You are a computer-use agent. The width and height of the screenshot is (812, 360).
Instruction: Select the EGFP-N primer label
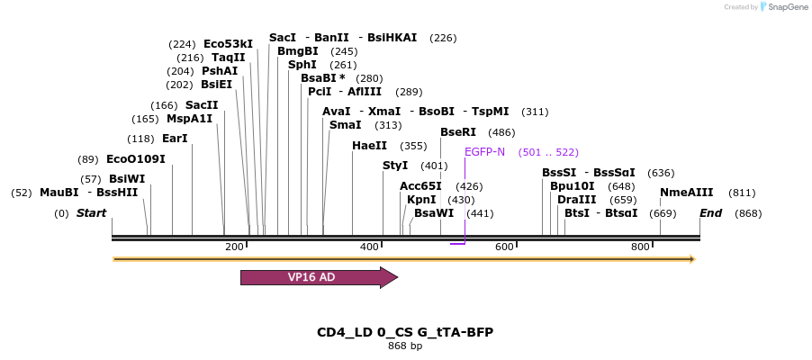[x=484, y=152]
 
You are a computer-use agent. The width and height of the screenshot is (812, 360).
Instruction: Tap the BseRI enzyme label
[x=457, y=132]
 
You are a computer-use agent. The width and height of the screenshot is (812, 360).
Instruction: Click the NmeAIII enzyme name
[x=686, y=193]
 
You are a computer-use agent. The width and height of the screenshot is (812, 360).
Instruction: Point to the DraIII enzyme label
[x=576, y=200]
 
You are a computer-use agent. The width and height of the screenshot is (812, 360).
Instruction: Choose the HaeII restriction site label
[x=369, y=146]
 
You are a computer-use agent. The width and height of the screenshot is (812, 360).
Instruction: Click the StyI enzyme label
[x=395, y=166]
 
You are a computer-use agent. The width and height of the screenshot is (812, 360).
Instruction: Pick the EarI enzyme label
[x=175, y=139]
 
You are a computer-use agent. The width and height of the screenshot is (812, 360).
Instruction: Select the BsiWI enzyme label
[x=127, y=179]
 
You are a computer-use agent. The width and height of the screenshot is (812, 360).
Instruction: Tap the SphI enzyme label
[x=302, y=65]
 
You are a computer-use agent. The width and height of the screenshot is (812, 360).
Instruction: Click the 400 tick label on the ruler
[x=369, y=247]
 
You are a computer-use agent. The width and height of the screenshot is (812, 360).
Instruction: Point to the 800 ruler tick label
[x=640, y=247]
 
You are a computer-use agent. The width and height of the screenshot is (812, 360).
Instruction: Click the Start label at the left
[x=91, y=213]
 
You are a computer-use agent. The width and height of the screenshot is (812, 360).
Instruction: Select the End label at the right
[x=710, y=213]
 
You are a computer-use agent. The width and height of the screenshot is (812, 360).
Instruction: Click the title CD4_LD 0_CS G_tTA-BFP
[x=405, y=332]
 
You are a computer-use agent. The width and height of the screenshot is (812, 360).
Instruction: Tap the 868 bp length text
[x=405, y=346]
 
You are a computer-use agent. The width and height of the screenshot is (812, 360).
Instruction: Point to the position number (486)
[x=501, y=132]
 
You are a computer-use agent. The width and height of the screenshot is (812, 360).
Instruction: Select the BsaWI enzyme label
[x=434, y=213]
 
